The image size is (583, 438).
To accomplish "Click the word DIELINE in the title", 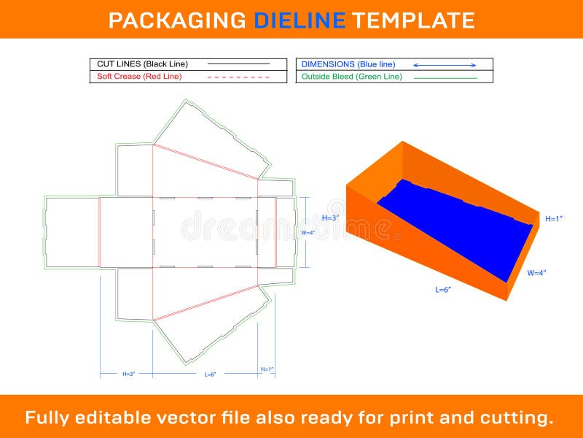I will click(x=300, y=20).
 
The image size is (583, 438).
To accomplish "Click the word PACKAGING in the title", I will click(x=177, y=20).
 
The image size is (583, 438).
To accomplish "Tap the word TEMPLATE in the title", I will click(x=413, y=20).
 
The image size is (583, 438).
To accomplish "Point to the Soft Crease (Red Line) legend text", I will click(x=139, y=76).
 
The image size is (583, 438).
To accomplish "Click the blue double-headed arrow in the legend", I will click(x=445, y=65).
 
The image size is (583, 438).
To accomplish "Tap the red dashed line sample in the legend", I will click(x=238, y=77).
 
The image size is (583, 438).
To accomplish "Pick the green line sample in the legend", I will click(x=445, y=77).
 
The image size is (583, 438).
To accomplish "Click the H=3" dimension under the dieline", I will click(x=128, y=374).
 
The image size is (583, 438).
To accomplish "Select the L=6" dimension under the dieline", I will click(x=209, y=374).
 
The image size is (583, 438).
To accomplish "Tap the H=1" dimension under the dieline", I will click(x=267, y=369).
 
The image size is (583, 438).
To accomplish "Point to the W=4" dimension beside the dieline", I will click(x=308, y=233).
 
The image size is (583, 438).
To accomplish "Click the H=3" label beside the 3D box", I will click(x=331, y=218).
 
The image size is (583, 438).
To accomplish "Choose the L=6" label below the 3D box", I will click(x=443, y=290).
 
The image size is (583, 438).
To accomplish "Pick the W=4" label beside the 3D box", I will click(x=536, y=273).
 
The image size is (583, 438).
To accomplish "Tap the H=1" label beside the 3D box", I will click(x=553, y=218).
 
